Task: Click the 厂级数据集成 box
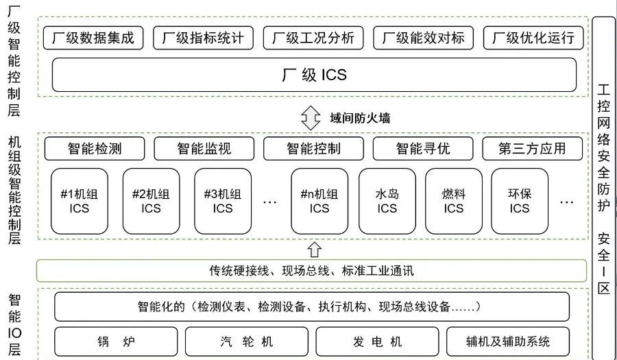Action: (x=94, y=38)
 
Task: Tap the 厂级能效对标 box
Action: (x=423, y=38)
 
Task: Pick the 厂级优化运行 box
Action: (x=533, y=38)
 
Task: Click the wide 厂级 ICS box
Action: (x=314, y=75)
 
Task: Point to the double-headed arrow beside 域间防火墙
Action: (x=311, y=118)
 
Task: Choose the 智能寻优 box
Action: (x=423, y=148)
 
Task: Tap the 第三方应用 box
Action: (x=533, y=148)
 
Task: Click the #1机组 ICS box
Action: (x=80, y=200)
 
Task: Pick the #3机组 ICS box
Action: (x=223, y=200)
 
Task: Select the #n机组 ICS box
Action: (x=319, y=200)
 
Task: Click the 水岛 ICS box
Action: (x=387, y=200)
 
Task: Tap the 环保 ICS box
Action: (x=519, y=200)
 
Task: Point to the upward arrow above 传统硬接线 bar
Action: (x=314, y=248)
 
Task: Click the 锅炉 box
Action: (x=114, y=341)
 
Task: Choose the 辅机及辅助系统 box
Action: (x=507, y=341)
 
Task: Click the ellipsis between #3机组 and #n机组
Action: (x=269, y=202)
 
